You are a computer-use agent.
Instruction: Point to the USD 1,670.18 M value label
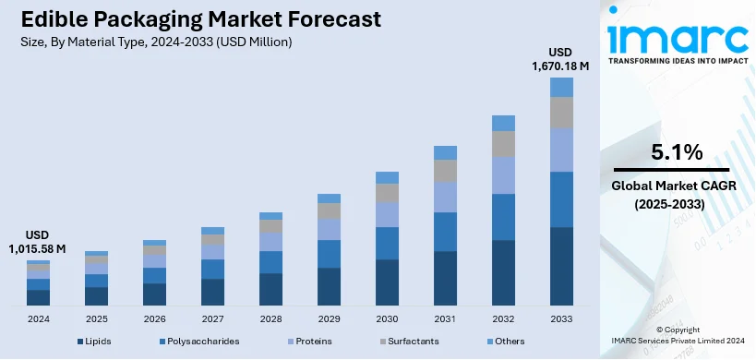tap(561, 59)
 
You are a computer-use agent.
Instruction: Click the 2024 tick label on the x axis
tap(38, 318)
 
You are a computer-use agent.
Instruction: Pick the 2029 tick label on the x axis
tap(329, 318)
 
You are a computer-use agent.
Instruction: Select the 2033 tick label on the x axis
tap(561, 318)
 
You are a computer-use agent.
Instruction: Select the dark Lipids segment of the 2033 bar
tap(561, 266)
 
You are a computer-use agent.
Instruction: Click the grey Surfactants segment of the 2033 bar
tap(561, 112)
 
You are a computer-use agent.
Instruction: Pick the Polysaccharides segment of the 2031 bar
tap(445, 232)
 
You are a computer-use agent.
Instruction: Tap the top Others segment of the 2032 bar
tap(503, 123)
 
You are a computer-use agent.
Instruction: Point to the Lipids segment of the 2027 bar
tap(212, 292)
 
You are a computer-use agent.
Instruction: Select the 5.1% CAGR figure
tap(678, 151)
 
